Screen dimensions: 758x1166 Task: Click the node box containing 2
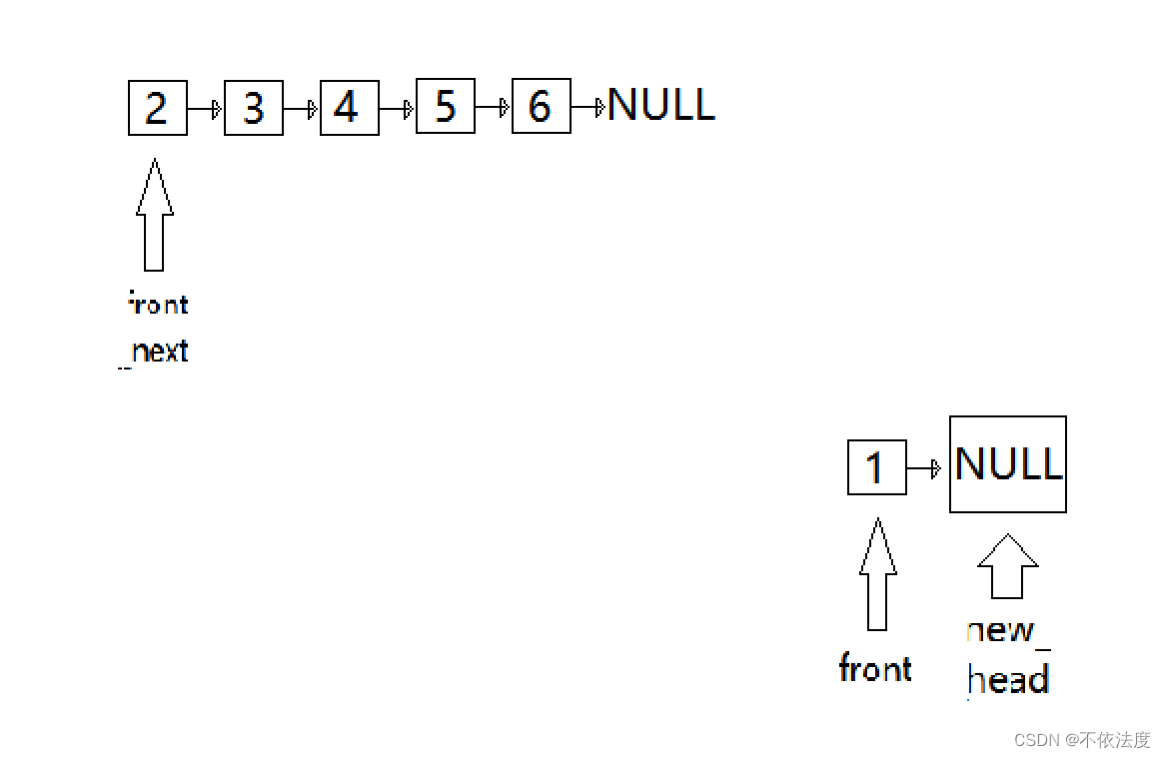[158, 108]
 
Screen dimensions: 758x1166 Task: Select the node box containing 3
[254, 108]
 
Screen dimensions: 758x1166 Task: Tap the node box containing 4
[350, 108]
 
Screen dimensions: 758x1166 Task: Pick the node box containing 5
[446, 107]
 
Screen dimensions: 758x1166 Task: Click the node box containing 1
[876, 467]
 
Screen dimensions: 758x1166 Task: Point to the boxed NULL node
[1007, 464]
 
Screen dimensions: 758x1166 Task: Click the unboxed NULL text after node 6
[661, 105]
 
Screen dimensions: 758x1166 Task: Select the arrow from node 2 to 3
[205, 108]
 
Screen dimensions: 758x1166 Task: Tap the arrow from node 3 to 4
[301, 108]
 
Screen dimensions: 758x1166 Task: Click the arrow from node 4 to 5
[397, 108]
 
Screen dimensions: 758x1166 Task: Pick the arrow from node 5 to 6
[493, 107]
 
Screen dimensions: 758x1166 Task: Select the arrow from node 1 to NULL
[924, 468]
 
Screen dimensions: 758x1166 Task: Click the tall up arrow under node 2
[154, 215]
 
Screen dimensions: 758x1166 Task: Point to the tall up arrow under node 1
[877, 575]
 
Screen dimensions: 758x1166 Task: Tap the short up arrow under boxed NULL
[1007, 565]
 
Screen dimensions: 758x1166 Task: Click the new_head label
[1008, 655]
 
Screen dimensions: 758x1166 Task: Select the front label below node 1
[875, 668]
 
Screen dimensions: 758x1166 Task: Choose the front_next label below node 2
[158, 328]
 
